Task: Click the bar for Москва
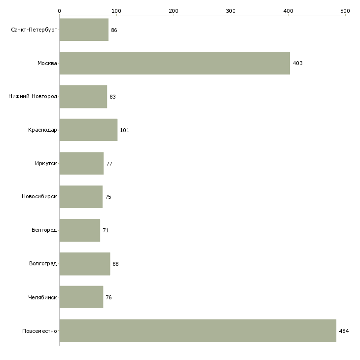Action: tap(175, 63)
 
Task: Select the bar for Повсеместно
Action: tap(198, 330)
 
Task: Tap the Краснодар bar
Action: tap(89, 130)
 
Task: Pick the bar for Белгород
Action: tap(80, 230)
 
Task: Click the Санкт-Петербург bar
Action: tap(84, 30)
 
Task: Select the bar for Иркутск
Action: tap(81, 163)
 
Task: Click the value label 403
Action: tap(297, 63)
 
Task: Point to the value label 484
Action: tap(344, 331)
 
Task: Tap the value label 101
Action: tap(125, 130)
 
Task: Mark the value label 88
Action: tap(115, 264)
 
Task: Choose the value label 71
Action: tap(106, 230)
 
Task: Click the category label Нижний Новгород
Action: tap(33, 97)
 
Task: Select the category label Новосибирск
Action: tap(39, 197)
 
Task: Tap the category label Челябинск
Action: tap(42, 297)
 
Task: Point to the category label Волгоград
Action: tap(43, 263)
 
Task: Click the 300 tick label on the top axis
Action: tap(231, 11)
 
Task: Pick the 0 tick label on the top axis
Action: tap(60, 11)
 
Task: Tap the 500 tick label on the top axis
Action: tap(345, 11)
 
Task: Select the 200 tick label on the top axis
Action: tap(174, 11)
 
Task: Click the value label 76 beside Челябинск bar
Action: tap(108, 297)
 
